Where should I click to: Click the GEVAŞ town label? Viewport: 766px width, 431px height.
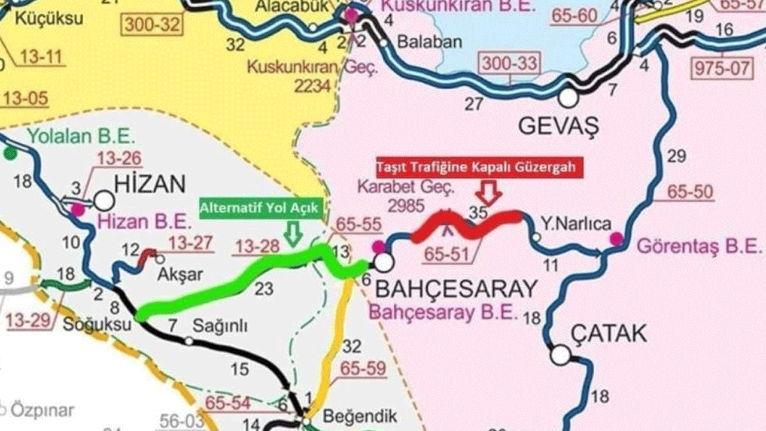(x=558, y=126)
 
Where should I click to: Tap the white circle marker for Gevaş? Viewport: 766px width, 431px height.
(x=568, y=98)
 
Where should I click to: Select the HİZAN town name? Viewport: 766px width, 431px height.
(x=150, y=184)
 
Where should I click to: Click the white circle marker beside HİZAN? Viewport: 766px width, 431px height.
(x=104, y=201)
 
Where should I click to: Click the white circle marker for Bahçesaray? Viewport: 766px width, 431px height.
(x=383, y=262)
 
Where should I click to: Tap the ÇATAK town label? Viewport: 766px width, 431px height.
(x=609, y=333)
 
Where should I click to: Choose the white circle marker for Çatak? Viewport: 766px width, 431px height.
(x=560, y=355)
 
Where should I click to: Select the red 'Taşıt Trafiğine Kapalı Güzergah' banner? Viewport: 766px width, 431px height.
(x=476, y=166)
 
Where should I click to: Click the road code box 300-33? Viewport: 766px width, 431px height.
(x=509, y=62)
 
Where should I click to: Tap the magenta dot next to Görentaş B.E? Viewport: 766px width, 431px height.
(x=616, y=239)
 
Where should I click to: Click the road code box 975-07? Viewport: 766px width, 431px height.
(x=722, y=67)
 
